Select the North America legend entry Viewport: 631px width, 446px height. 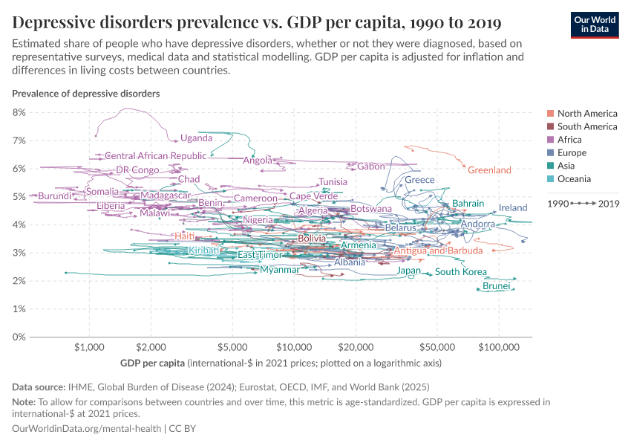click(586, 114)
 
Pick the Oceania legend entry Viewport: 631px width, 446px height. click(574, 179)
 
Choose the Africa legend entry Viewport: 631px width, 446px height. click(569, 140)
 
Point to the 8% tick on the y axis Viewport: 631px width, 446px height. click(19, 112)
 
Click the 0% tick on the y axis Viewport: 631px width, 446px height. click(19, 337)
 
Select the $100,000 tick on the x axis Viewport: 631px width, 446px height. click(497, 347)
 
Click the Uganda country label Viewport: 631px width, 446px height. click(196, 138)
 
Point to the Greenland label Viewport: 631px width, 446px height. click(489, 170)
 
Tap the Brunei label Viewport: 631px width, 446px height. click(496, 286)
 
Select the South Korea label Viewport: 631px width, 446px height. click(460, 272)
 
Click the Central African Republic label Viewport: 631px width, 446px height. click(155, 156)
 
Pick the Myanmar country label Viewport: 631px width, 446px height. click(279, 270)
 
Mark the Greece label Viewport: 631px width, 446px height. click(419, 180)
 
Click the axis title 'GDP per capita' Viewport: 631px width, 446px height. click(152, 363)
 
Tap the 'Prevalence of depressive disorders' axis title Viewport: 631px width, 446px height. click(85, 94)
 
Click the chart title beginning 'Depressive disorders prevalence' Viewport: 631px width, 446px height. click(256, 22)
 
